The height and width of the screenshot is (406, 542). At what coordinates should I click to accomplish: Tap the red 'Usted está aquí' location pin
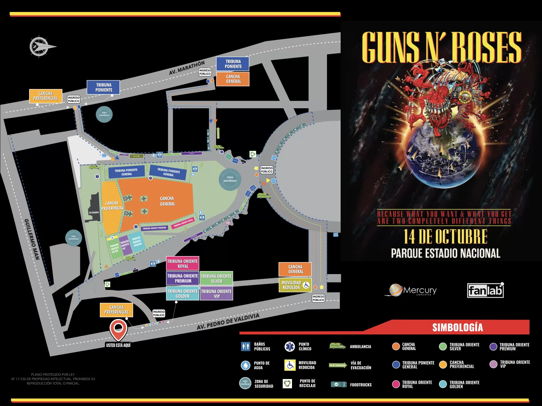(x=119, y=329)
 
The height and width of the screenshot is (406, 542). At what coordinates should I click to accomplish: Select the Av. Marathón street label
(x=187, y=68)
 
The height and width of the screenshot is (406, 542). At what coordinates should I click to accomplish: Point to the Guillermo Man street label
(x=32, y=239)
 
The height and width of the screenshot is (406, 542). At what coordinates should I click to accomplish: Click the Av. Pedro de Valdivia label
(x=228, y=321)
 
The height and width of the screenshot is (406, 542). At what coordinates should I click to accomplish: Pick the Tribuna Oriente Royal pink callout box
(x=182, y=264)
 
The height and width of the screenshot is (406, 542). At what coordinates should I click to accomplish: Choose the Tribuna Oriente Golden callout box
(x=182, y=294)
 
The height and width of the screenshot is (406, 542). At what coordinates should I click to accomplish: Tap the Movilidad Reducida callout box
(x=295, y=285)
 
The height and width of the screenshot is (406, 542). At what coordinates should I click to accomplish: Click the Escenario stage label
(x=94, y=212)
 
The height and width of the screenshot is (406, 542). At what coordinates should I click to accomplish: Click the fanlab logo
(x=485, y=290)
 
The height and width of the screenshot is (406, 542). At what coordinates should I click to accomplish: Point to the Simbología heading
(x=457, y=327)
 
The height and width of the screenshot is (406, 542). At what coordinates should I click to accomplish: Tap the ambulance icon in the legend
(x=337, y=346)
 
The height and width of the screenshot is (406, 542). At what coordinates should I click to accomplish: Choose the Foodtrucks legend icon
(x=339, y=384)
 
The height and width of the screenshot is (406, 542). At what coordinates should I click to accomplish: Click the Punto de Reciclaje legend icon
(x=288, y=384)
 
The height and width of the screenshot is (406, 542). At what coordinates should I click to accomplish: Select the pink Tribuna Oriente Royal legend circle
(x=396, y=384)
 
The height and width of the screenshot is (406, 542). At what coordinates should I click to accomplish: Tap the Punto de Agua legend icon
(x=245, y=365)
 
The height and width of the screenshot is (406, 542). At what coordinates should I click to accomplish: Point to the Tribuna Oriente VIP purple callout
(x=216, y=294)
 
